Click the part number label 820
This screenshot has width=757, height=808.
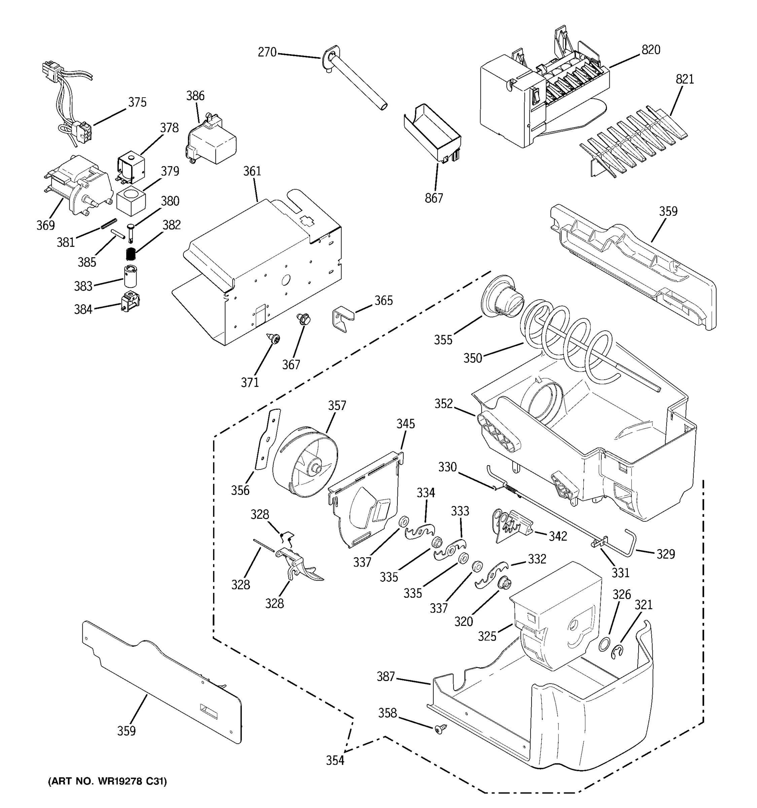click(x=651, y=50)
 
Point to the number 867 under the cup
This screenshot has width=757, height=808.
click(x=434, y=198)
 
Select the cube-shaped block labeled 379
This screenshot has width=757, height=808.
click(x=131, y=202)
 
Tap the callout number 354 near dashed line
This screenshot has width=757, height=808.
click(x=335, y=760)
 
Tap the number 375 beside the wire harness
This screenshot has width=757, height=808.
click(x=137, y=102)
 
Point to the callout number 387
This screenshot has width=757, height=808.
click(x=386, y=676)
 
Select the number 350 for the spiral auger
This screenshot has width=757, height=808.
click(x=473, y=358)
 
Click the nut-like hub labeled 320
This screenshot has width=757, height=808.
click(x=505, y=584)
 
